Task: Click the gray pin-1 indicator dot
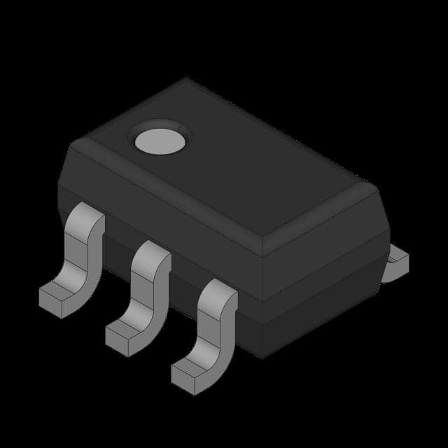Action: (160, 138)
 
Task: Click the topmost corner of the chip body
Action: (186, 78)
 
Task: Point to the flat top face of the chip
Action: (231, 168)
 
